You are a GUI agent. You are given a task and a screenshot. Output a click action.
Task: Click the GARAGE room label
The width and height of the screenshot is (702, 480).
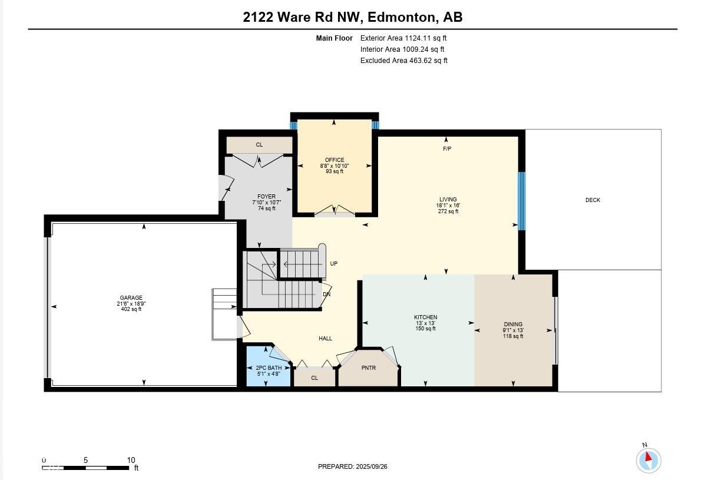point(131,298)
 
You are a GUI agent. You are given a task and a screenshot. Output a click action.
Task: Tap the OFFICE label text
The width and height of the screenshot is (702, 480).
point(335,160)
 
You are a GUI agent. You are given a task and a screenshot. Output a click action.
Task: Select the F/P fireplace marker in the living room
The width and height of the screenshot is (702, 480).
point(447,149)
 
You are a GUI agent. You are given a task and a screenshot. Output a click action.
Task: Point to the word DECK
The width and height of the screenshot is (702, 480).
point(592,200)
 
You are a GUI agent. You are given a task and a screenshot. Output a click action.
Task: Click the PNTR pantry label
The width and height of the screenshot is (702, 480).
point(369,369)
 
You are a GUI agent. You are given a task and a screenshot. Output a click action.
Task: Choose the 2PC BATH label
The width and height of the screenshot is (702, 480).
point(267,368)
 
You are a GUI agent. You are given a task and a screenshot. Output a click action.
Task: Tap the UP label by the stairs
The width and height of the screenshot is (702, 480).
point(334,264)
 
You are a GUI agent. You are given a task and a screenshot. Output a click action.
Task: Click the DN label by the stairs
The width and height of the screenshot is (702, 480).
point(326,294)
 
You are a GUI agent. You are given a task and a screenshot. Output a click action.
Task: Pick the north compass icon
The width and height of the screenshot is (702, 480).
point(648,459)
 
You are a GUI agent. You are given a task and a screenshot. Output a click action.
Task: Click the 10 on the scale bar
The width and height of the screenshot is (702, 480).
point(131,461)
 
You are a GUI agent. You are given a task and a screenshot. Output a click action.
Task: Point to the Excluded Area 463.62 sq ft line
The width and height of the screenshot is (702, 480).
point(404,61)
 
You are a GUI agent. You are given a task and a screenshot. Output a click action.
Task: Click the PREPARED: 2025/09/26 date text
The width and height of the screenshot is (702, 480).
point(353,466)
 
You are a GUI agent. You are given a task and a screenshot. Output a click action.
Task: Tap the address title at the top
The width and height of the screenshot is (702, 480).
point(353,17)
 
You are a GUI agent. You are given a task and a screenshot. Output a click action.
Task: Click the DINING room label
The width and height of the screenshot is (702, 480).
point(513,325)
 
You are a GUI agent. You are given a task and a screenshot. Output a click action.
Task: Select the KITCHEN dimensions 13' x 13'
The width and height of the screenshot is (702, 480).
point(425,323)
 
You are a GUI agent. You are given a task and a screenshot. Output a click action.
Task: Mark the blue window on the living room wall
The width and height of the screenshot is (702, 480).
point(521,201)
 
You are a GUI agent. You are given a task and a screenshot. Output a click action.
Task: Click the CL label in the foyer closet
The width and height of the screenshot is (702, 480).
point(259,145)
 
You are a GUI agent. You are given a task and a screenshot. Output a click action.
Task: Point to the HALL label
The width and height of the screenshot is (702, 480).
point(325,339)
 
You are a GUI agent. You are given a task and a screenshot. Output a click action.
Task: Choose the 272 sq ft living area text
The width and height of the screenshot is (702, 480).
point(448,211)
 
